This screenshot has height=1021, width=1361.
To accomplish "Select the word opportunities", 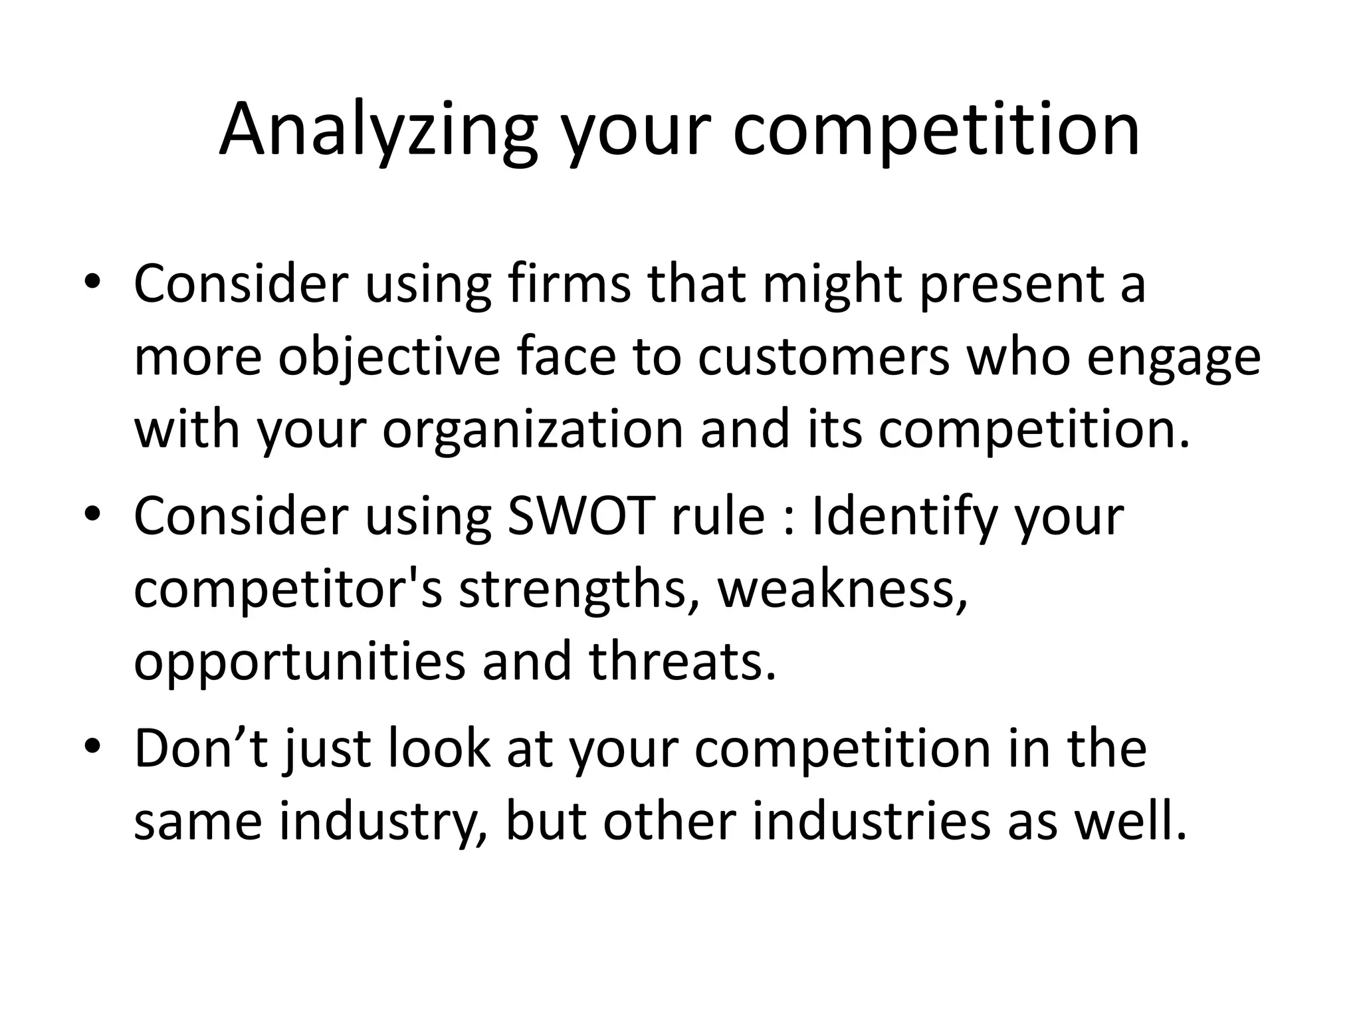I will pos(300,663).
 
